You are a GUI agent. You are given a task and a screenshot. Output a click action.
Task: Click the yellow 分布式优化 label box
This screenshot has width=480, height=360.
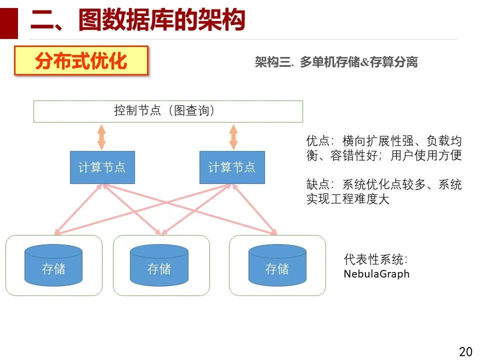[x=81, y=61]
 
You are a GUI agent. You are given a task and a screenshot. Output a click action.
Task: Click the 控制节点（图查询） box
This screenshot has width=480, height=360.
[x=168, y=111]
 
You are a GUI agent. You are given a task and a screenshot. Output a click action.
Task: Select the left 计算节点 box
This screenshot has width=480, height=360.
[x=102, y=167]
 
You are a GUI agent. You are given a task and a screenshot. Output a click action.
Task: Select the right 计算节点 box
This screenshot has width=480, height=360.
[x=232, y=167]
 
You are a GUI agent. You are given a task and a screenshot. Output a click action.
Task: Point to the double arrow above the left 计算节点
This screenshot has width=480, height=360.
[x=101, y=136]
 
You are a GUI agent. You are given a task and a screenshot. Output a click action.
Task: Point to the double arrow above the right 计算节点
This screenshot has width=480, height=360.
[x=232, y=136]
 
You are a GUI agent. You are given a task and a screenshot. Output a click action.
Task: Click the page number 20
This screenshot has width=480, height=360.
[x=465, y=351]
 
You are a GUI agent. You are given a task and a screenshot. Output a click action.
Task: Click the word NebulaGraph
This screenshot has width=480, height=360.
[x=376, y=274]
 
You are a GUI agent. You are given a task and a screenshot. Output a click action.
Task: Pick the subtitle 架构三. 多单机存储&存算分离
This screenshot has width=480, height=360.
[x=336, y=62]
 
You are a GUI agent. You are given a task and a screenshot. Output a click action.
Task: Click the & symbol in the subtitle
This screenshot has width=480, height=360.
[x=364, y=62]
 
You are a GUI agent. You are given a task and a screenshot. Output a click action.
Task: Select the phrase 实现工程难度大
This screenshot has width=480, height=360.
[x=348, y=199]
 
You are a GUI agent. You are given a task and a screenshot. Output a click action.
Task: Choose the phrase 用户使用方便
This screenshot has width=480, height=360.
[x=426, y=155]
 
